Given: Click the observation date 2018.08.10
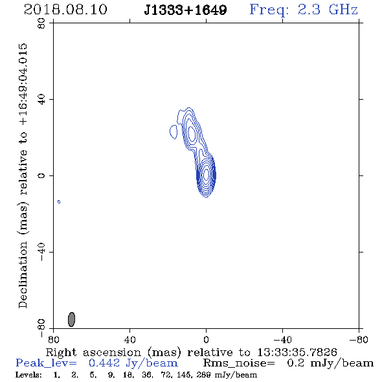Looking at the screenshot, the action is (65, 10).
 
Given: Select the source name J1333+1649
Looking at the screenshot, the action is (185, 10).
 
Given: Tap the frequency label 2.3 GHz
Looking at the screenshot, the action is (328, 10).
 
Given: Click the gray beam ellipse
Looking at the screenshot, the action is (71, 319).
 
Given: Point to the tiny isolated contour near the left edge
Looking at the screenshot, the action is (59, 202).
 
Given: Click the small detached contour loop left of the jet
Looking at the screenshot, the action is (174, 132).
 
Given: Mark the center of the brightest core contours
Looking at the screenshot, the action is (206, 174).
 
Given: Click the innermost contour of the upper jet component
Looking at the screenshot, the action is (192, 133).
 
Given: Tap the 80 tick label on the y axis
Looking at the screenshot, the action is (41, 23).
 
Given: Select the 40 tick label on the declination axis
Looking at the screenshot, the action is (41, 100).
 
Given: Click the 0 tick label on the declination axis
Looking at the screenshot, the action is (41, 175).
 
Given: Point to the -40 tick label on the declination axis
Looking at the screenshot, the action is (41, 252).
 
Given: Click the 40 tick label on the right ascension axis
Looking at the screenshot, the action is (129, 339).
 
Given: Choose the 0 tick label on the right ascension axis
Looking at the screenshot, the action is (206, 339).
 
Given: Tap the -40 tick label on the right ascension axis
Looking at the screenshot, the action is (282, 339).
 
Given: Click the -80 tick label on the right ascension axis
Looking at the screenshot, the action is (359, 339).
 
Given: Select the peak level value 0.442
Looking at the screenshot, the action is (104, 363).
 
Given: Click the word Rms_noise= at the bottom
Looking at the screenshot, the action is (239, 363).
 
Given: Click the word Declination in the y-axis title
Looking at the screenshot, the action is (23, 275).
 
